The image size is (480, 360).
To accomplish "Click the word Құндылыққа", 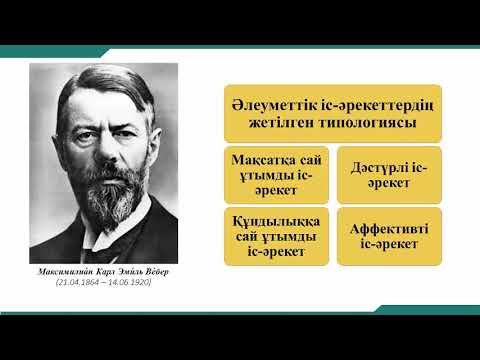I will pyautogui.click(x=265, y=220).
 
